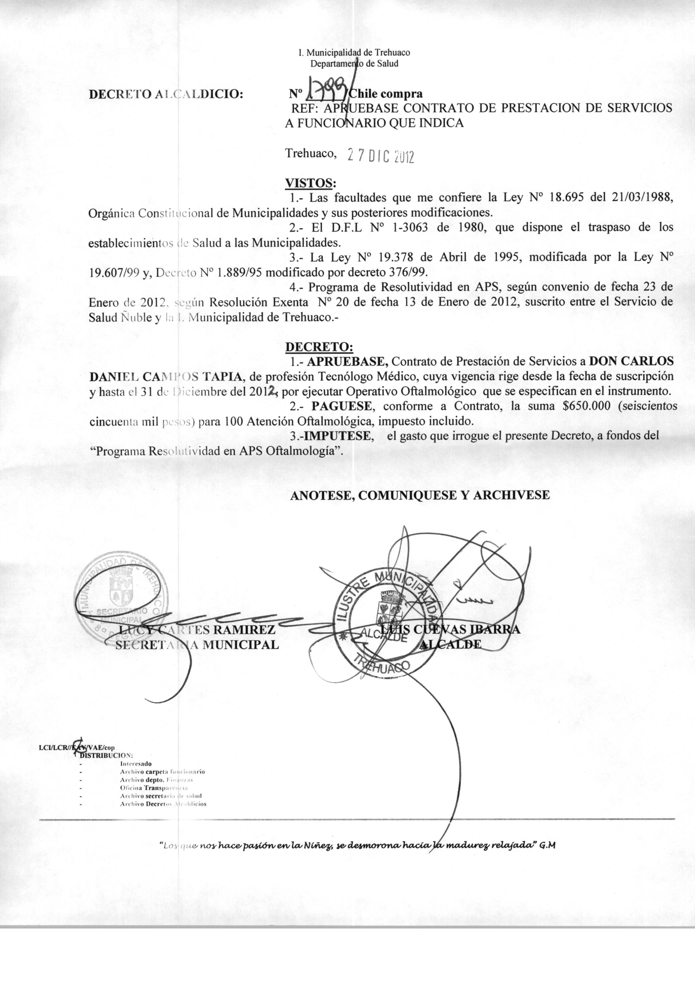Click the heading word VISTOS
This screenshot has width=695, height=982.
pyautogui.click(x=310, y=183)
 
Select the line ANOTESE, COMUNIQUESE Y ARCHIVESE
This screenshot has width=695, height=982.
pyautogui.click(x=420, y=495)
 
